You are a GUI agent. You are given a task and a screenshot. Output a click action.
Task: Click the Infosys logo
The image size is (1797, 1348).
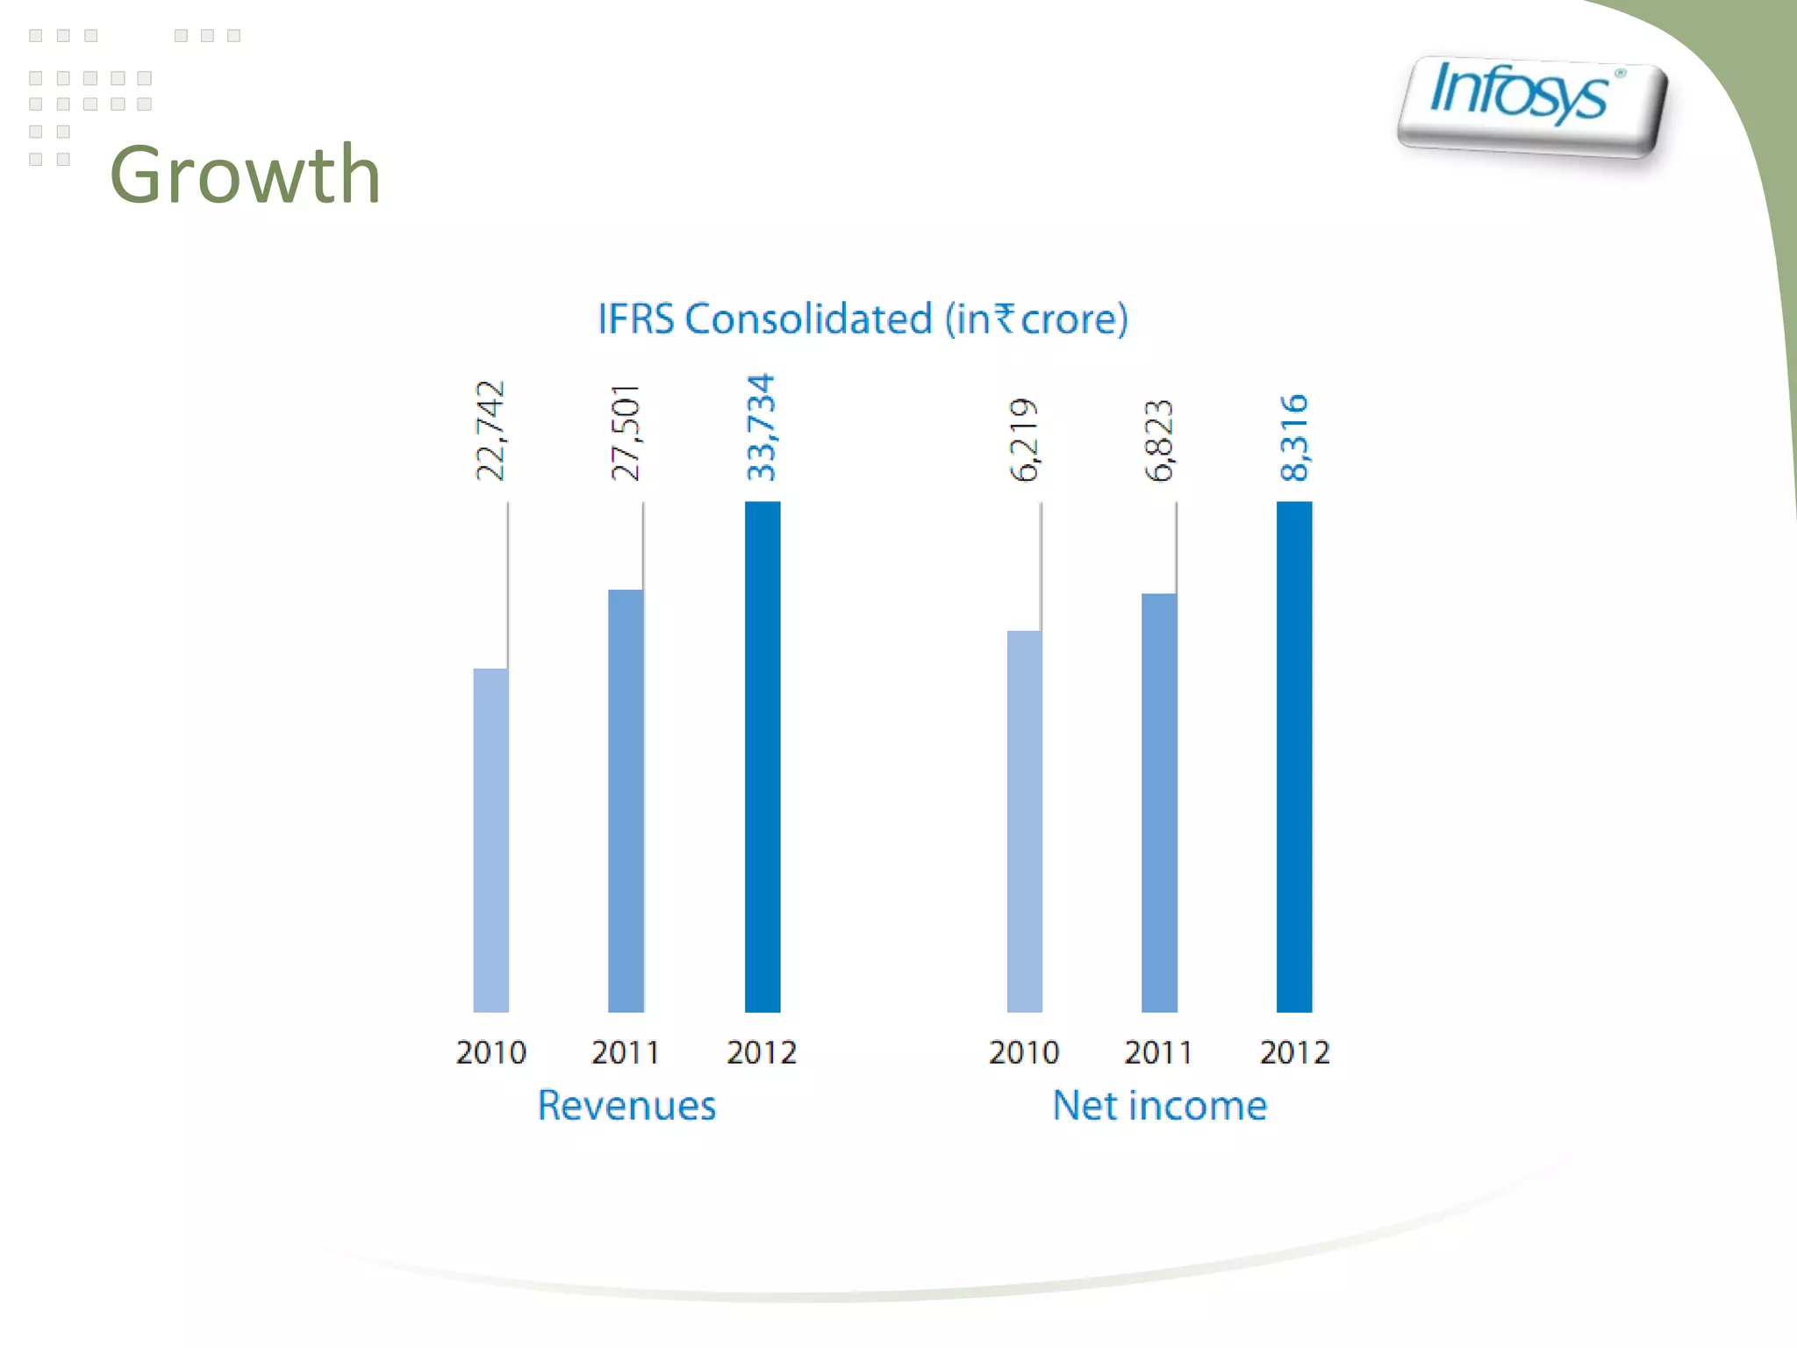[1531, 105]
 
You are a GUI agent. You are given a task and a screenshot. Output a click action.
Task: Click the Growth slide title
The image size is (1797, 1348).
[245, 175]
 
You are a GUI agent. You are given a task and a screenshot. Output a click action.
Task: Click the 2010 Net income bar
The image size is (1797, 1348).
[1024, 821]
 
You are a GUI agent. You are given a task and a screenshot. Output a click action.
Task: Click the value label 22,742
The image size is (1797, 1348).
[490, 431]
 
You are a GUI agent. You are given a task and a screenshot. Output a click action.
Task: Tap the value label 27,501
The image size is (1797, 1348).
[626, 433]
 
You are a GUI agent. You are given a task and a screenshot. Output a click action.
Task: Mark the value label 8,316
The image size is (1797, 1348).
[1294, 438]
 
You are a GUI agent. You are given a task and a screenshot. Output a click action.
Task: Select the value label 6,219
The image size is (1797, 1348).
[1024, 440]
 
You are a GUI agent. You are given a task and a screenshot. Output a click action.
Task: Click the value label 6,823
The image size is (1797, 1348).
[1158, 441]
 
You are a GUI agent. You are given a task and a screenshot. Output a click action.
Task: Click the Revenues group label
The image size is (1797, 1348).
[626, 1105]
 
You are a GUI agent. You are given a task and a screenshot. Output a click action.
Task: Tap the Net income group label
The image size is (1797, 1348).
[1159, 1105]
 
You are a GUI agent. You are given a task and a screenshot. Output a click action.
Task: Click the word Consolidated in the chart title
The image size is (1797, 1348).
[808, 319]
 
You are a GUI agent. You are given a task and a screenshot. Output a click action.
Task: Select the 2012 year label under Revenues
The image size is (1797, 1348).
[761, 1051]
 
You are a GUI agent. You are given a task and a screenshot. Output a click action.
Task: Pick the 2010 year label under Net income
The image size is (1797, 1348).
[1023, 1051]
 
